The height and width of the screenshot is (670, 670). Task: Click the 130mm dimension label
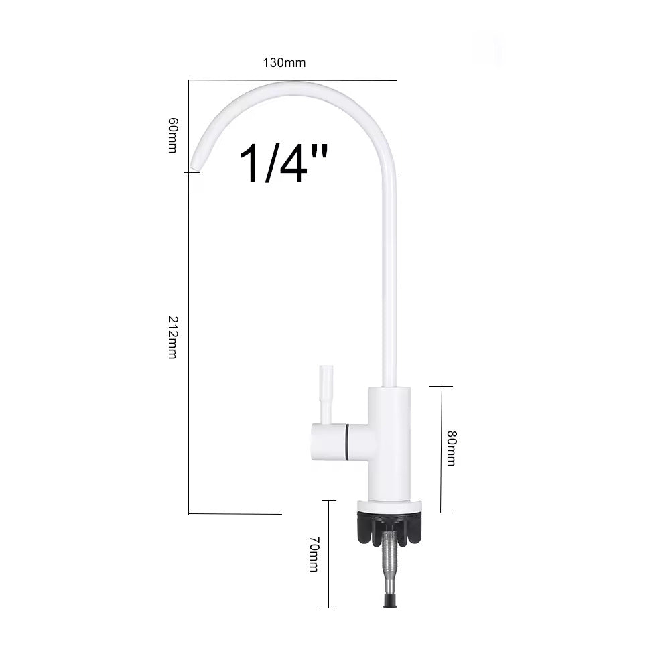(x=284, y=63)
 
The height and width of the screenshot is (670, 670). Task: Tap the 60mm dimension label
(x=173, y=135)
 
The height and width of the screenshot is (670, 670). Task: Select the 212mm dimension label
(x=173, y=337)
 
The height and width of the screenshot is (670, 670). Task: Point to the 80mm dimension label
(x=451, y=448)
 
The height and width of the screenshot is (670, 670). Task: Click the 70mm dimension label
(x=314, y=554)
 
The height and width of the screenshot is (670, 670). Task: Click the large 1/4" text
(x=283, y=163)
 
